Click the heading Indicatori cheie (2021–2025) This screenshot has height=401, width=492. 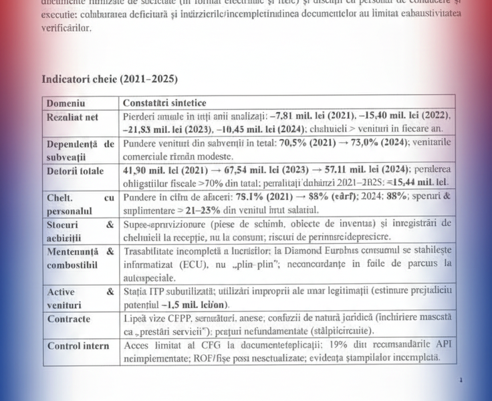click(x=110, y=79)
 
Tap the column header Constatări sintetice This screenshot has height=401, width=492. click(x=164, y=103)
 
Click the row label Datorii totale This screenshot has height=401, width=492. click(x=75, y=170)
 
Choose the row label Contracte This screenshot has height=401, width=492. click(x=68, y=319)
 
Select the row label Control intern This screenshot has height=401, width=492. click(x=79, y=346)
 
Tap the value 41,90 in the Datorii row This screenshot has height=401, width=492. click(x=140, y=170)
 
